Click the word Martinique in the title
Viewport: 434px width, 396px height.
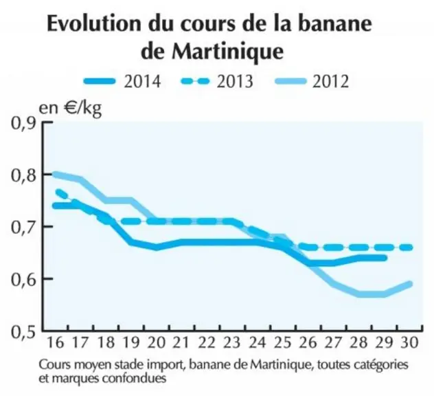point(227,52)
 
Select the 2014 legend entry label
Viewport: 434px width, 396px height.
point(142,82)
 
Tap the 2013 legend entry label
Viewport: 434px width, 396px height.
point(235,82)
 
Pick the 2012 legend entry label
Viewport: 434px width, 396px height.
point(330,82)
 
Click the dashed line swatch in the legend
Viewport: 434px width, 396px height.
point(196,81)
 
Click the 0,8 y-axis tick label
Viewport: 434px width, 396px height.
point(23,175)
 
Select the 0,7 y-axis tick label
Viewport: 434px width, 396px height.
point(23,227)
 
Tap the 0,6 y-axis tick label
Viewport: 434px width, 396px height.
point(23,279)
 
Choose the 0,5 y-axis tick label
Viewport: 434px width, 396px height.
point(23,331)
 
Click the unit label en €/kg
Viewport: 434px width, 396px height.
point(70,109)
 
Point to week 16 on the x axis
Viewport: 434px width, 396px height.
point(56,342)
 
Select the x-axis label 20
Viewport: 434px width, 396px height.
point(156,342)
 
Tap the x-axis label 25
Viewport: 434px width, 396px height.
point(282,342)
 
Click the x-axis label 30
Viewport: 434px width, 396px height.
point(409,342)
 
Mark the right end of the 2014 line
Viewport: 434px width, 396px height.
point(385,258)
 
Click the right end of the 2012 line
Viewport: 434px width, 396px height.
point(410,284)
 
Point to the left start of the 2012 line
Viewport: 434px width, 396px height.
point(54,175)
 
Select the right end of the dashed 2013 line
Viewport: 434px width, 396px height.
point(411,247)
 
